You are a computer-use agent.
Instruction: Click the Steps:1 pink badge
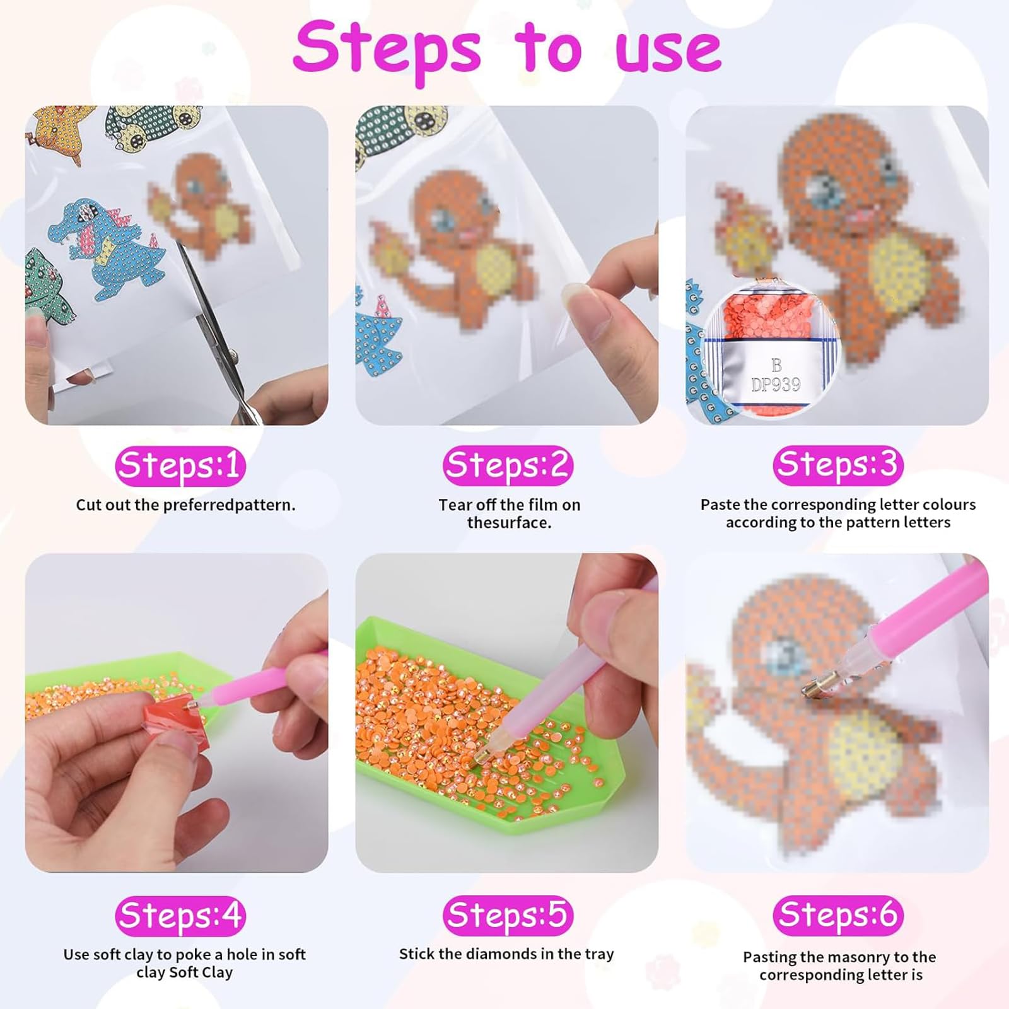[x=180, y=466]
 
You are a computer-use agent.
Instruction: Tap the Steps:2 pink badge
[x=508, y=466]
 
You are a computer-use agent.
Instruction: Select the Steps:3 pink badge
[x=837, y=465]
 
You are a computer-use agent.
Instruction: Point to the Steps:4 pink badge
[x=180, y=916]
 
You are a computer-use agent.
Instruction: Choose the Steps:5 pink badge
[x=508, y=915]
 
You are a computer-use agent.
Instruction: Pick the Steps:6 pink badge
[x=837, y=915]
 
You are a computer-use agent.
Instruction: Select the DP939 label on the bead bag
[x=776, y=384]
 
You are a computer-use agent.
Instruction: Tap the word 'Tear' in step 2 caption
[x=455, y=505]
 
